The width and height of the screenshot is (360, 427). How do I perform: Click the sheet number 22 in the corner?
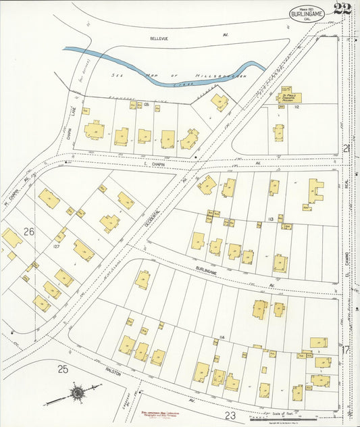click(341, 9)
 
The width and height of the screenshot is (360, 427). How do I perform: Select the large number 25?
click(62, 369)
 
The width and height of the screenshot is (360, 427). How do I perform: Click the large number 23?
click(230, 416)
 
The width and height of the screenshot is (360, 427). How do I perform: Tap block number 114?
click(221, 337)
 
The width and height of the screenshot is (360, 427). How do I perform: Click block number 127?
click(57, 246)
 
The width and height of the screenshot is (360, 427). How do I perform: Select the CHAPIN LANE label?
click(69, 126)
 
